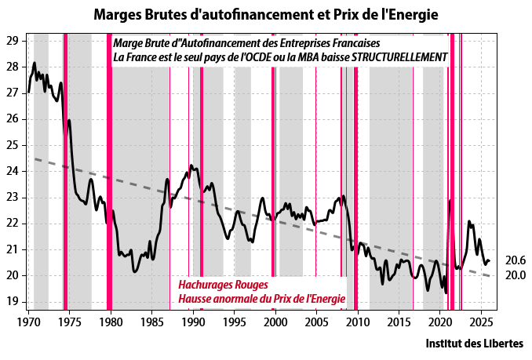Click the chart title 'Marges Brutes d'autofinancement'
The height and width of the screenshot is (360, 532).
[x=266, y=14]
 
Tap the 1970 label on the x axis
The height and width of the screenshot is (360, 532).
[x=29, y=322]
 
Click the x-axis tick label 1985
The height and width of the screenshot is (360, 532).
[x=151, y=322]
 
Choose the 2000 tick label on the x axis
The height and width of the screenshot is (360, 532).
[x=275, y=322]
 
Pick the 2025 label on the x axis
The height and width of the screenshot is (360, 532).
[x=479, y=322]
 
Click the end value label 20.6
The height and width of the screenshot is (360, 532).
[x=515, y=260]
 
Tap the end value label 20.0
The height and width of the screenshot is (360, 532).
[x=515, y=275]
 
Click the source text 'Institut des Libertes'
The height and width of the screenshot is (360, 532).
[x=476, y=344]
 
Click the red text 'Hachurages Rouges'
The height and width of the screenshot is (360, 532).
[x=224, y=284]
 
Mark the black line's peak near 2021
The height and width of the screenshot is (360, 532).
[x=450, y=200]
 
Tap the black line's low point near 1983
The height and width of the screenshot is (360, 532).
[x=135, y=271]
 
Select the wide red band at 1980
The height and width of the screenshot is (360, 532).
[x=108, y=173]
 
